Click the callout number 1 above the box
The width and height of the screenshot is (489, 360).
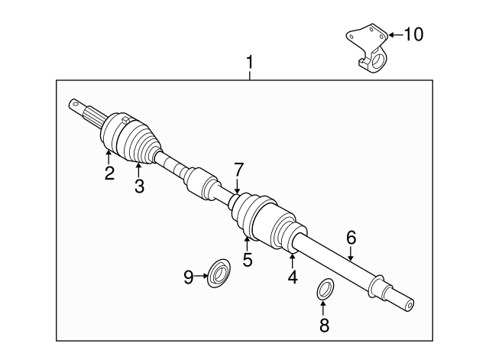249,60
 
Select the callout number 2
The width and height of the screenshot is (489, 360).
109,174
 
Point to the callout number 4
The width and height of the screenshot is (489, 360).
293,277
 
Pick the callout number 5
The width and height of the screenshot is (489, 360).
248,260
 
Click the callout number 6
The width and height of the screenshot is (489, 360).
351,238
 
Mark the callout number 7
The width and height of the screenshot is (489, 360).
238,169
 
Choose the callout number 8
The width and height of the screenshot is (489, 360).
323,325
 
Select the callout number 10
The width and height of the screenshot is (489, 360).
412,34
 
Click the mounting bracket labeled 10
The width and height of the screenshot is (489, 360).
368,48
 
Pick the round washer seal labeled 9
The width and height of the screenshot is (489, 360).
220,271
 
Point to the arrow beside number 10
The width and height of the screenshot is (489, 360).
393,34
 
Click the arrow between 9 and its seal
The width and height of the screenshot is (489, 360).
202,274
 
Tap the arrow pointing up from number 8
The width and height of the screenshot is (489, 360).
323,307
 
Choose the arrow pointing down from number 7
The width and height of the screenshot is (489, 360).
238,186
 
